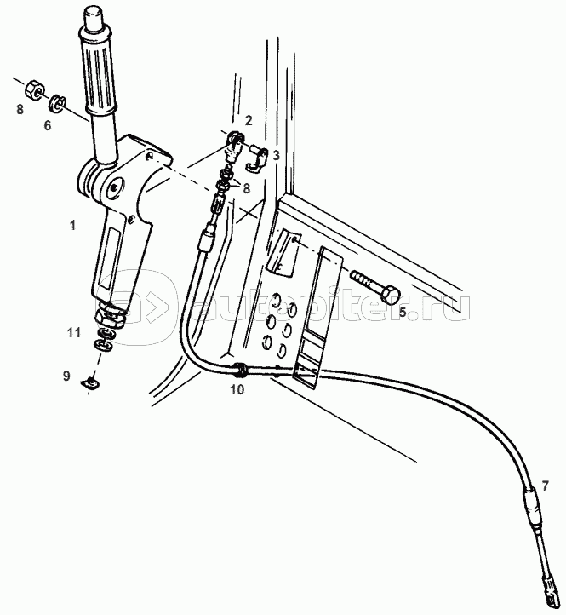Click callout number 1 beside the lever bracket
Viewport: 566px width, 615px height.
[72, 226]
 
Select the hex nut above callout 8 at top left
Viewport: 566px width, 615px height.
[33, 90]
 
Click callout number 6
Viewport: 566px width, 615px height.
[48, 125]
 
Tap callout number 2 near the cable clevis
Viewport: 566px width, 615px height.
[249, 120]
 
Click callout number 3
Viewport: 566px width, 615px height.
[276, 155]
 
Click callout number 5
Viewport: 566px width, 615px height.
[403, 313]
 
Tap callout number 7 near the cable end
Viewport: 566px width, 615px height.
[546, 486]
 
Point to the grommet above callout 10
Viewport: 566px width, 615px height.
[239, 370]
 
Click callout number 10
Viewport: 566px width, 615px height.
[237, 389]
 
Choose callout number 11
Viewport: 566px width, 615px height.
[74, 332]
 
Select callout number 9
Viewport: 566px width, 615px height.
[66, 376]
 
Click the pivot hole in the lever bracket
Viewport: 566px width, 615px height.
[114, 187]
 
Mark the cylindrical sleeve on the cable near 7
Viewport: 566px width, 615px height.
[532, 507]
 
